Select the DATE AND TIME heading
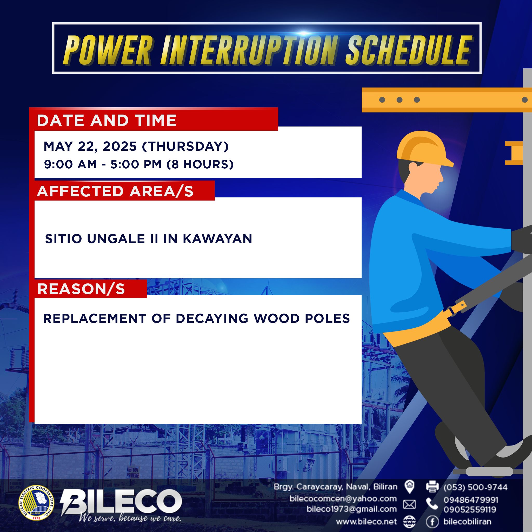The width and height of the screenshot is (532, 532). pos(107,120)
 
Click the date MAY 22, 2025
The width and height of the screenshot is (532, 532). pos(90,147)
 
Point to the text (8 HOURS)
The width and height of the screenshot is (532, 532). pos(200,164)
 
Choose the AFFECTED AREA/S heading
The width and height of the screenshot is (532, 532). pos(115,191)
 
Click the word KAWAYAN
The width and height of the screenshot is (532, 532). pos(217,239)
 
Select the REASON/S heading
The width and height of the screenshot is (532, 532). pos(81,289)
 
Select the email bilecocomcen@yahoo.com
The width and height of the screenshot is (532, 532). pos(343,498)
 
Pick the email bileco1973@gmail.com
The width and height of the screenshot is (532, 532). pos(352,509)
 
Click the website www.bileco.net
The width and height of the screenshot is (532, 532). pos(367,521)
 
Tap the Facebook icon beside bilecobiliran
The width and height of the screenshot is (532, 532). pos(432,521)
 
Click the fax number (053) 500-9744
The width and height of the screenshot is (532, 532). pos(475,487)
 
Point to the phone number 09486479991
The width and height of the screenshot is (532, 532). pos(471,500)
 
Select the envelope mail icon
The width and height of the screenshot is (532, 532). pos(409,504)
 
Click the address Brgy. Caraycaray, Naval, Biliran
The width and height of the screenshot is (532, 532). pos(336,487)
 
